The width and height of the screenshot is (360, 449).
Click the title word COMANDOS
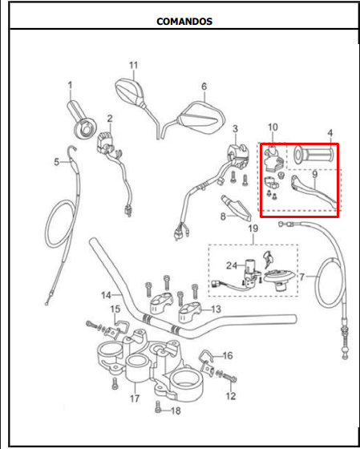coord(184,22)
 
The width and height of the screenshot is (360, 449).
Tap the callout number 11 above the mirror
coord(133,66)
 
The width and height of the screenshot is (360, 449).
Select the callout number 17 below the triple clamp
coord(135,398)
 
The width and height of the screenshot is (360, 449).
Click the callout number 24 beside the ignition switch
coord(232,265)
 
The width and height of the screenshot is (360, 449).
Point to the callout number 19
coord(253,229)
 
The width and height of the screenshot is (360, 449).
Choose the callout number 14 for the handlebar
coord(106,295)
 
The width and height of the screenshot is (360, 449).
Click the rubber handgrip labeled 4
coord(313,156)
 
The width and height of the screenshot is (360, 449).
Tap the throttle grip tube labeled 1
coord(82,119)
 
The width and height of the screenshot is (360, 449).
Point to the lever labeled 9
coord(313,192)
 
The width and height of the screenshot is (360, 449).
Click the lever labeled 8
coord(237,208)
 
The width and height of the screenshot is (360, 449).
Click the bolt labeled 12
coord(229,378)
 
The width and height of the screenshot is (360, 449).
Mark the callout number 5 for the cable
coord(57,162)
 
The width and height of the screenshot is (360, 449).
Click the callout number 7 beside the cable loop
coord(302,277)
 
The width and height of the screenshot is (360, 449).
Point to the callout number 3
coord(235,129)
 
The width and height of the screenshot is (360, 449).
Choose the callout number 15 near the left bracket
coord(115,309)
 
